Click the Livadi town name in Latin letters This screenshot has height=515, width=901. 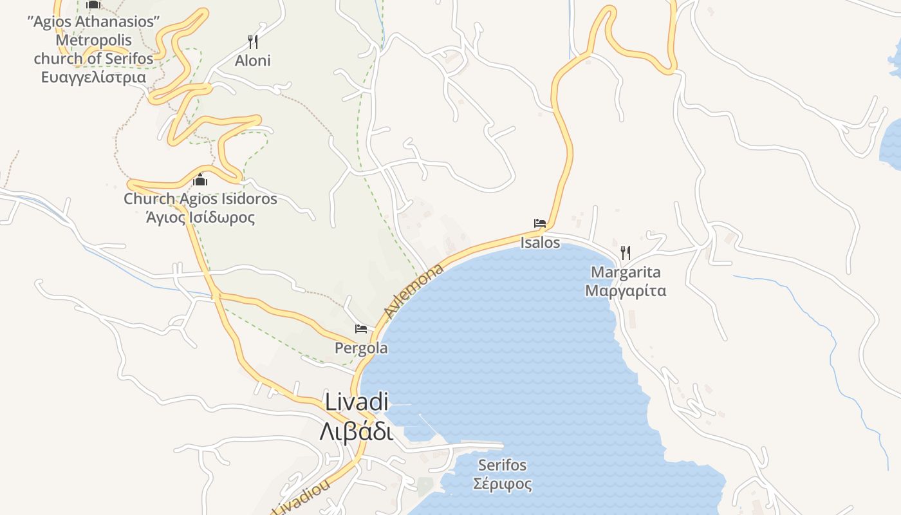pyautogui.click(x=357, y=402)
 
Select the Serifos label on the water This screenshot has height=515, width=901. pyautogui.click(x=502, y=465)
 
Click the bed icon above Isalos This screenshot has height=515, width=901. pyautogui.click(x=540, y=224)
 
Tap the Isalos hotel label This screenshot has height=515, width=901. pyautogui.click(x=540, y=243)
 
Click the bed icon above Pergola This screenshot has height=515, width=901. pyautogui.click(x=361, y=329)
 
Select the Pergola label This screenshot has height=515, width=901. pyautogui.click(x=361, y=348)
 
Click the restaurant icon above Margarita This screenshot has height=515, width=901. pyautogui.click(x=625, y=252)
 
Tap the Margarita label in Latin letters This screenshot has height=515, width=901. pyautogui.click(x=626, y=272)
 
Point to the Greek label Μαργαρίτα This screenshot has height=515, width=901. pyautogui.click(x=626, y=291)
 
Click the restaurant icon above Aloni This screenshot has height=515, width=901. pyautogui.click(x=253, y=42)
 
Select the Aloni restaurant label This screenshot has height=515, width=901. pyautogui.click(x=252, y=61)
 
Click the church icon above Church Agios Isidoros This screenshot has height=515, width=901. pyautogui.click(x=200, y=180)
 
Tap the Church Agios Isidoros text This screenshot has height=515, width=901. pyautogui.click(x=200, y=199)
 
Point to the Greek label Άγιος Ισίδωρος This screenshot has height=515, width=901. pyautogui.click(x=200, y=218)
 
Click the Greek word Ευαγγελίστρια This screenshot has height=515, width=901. pyautogui.click(x=93, y=77)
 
